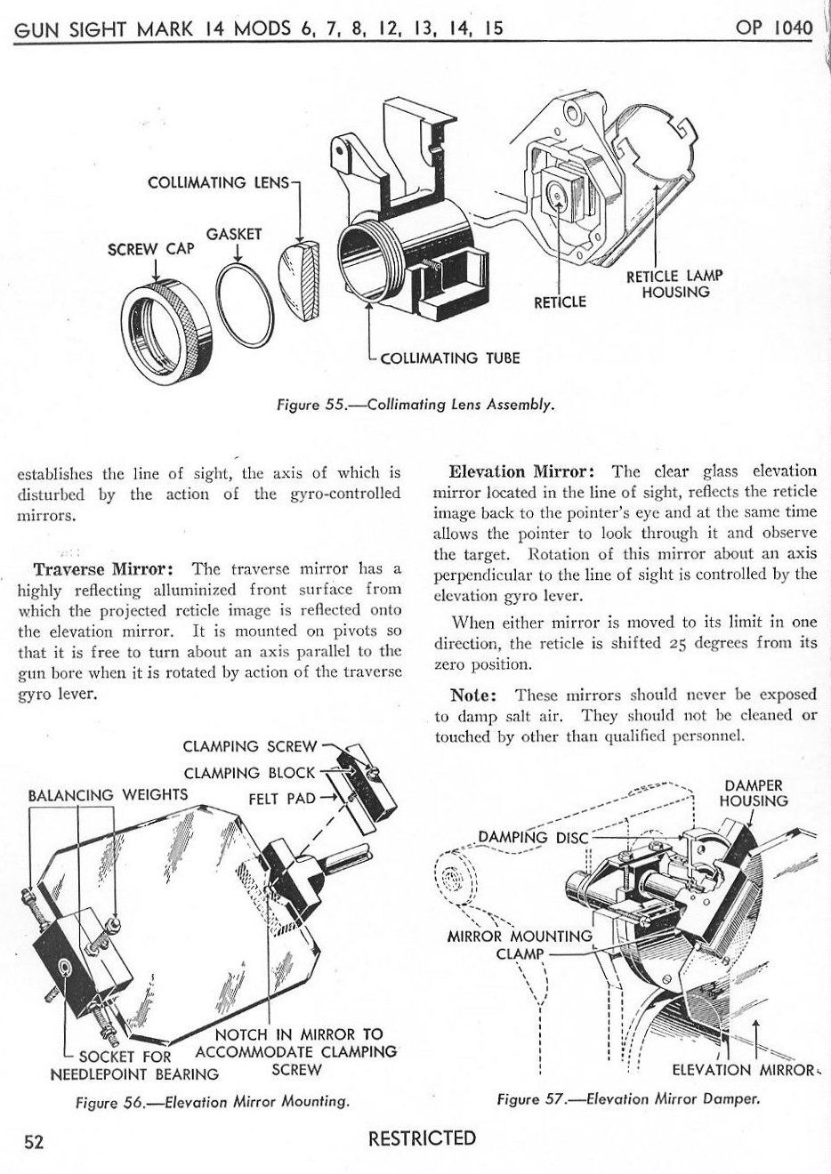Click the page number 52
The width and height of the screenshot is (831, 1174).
tap(34, 1142)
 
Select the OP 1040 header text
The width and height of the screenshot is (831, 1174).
tap(774, 28)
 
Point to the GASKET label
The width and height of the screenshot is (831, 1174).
tap(234, 235)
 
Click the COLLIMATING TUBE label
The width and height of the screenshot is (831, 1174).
tap(449, 358)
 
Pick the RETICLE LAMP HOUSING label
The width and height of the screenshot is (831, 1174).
tap(674, 284)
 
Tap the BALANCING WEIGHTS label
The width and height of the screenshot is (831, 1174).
tap(108, 794)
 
